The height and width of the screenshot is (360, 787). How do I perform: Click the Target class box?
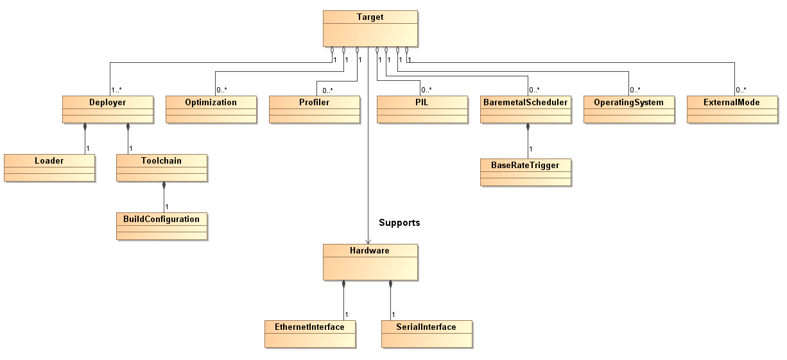point(370,28)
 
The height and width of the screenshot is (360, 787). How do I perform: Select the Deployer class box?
point(107,109)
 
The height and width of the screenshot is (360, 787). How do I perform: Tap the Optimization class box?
point(211,109)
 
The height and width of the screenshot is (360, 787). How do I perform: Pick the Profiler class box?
point(314,109)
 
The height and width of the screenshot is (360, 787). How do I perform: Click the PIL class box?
point(422,109)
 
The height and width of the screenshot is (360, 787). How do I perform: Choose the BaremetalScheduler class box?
point(525,109)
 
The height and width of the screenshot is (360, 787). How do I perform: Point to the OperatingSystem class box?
point(628,109)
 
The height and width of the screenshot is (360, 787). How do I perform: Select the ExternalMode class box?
point(732,109)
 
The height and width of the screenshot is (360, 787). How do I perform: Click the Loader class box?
point(49,167)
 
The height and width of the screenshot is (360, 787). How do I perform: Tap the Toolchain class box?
point(162,167)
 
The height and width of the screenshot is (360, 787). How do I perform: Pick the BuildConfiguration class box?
point(162,226)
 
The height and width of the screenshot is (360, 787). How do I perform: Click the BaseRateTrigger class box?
point(525,172)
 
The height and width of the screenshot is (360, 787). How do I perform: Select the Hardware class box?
point(370,262)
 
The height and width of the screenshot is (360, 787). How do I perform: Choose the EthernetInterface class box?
point(310,334)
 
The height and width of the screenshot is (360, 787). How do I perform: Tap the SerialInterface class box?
point(426,334)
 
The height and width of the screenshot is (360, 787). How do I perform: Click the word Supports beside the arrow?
point(399,223)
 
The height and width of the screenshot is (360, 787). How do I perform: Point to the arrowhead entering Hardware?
point(368,240)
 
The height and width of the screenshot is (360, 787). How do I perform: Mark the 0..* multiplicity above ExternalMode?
point(741,90)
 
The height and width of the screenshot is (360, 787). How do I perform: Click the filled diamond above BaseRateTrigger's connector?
point(528,127)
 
